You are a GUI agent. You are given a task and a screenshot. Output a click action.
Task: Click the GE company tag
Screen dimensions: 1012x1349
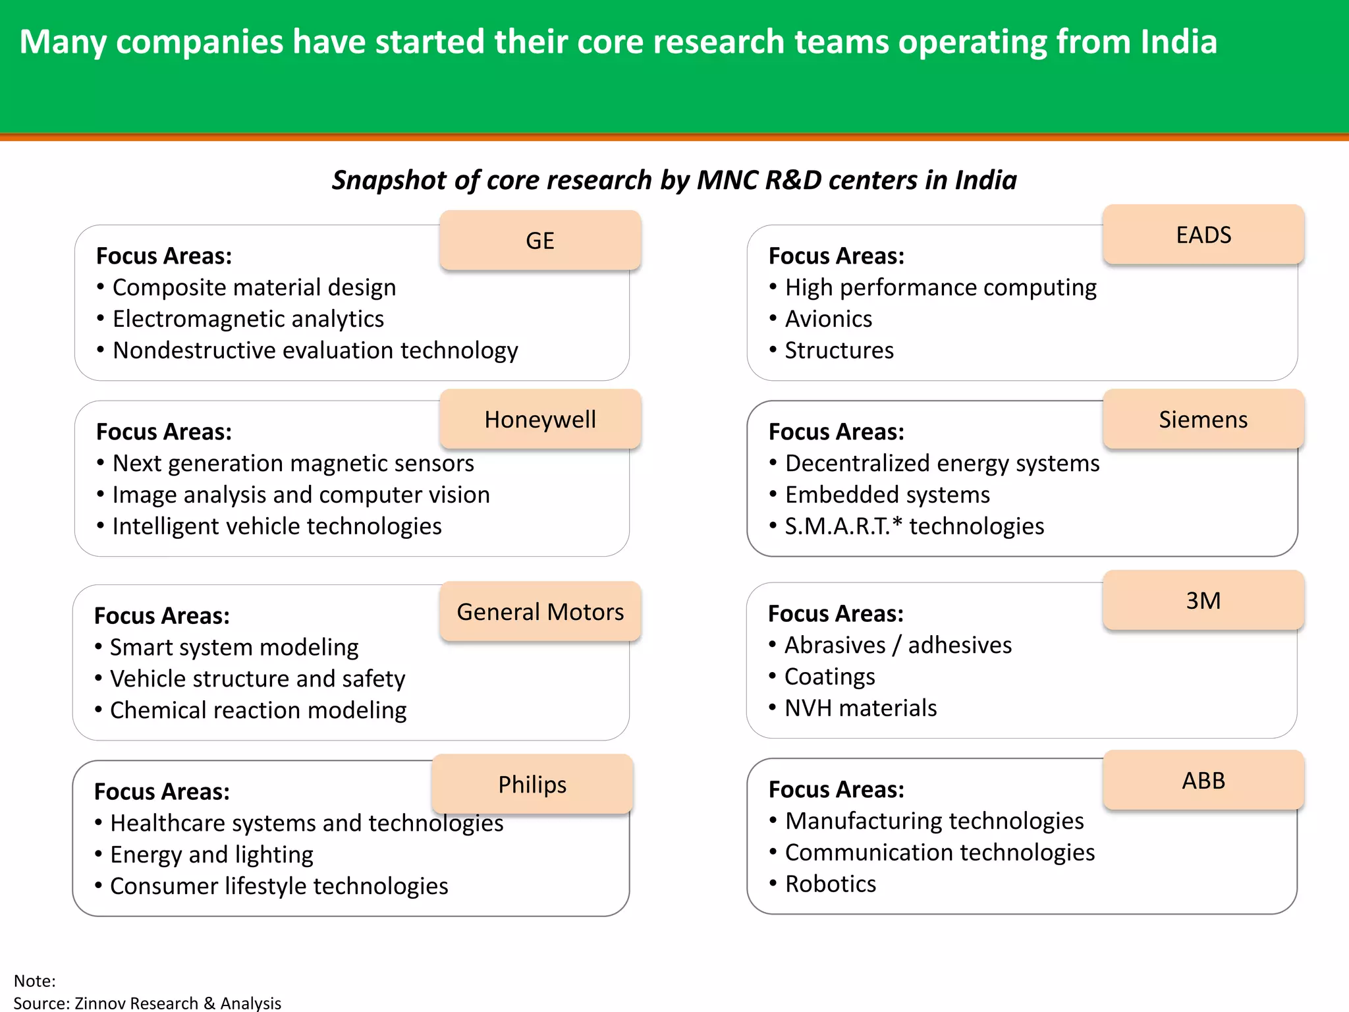(540, 240)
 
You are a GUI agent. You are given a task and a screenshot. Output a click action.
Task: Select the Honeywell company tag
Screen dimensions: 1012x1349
(540, 420)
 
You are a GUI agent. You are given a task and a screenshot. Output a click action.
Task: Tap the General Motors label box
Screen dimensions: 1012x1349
(540, 611)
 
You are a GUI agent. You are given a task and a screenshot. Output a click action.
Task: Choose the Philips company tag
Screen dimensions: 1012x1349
(532, 784)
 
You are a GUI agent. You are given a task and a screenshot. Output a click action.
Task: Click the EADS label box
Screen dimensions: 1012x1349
(1203, 235)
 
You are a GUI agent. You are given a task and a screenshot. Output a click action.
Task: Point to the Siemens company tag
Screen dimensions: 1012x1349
(1203, 420)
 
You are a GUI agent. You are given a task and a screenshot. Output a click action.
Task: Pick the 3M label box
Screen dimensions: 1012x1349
(1203, 600)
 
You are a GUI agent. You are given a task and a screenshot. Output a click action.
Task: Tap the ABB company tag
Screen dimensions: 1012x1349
(1203, 780)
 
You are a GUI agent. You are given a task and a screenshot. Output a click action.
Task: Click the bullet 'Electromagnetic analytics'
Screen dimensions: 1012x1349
(248, 319)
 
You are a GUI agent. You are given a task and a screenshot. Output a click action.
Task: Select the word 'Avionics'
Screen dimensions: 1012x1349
(829, 319)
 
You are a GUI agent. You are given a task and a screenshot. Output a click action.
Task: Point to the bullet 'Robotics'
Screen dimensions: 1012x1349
(830, 884)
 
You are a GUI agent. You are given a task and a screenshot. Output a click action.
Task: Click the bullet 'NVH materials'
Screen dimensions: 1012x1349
(860, 708)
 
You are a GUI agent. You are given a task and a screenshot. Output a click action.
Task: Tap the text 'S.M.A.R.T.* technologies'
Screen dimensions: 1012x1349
(914, 526)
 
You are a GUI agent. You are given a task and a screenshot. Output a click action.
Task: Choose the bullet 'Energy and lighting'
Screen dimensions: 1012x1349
(211, 855)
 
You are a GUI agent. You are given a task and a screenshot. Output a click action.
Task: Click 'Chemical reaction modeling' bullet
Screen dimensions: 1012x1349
(258, 710)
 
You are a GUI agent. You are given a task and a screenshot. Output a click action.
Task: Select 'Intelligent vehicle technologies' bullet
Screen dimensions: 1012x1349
(277, 526)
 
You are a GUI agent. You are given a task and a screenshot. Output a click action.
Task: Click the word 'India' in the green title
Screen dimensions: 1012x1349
(1178, 42)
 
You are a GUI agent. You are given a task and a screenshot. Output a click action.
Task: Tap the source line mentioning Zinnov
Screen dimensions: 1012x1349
(148, 1003)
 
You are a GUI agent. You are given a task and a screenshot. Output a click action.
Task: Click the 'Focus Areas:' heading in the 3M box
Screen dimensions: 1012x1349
(836, 613)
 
